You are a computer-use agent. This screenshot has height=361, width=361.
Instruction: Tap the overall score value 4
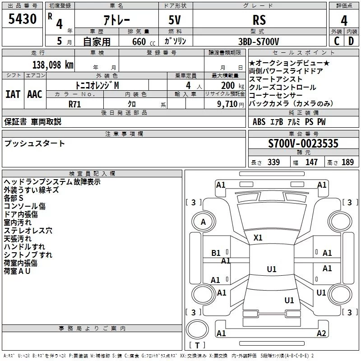[x=344, y=20]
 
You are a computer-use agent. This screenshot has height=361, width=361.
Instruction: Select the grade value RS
[x=259, y=20]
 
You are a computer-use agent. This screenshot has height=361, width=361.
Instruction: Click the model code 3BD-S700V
[x=259, y=41]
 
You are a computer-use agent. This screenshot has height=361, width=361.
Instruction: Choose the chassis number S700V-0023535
[x=303, y=143]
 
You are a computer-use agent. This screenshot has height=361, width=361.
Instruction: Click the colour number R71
[x=75, y=104]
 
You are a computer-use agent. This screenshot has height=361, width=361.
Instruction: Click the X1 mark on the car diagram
[x=258, y=237]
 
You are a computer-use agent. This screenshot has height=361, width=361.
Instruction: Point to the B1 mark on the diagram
[x=216, y=253]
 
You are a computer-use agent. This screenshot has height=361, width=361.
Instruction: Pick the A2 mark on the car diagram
[x=321, y=333]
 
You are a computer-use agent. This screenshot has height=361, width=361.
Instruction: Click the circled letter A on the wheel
[x=203, y=222]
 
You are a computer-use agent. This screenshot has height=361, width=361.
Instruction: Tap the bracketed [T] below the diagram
[x=197, y=346]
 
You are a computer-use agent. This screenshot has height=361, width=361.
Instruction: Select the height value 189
[x=347, y=162]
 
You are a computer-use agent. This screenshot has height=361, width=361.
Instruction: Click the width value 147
[x=311, y=162]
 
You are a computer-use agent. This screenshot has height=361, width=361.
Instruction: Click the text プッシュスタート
[x=35, y=143]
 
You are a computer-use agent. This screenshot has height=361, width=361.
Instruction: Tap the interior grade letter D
[x=351, y=41]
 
